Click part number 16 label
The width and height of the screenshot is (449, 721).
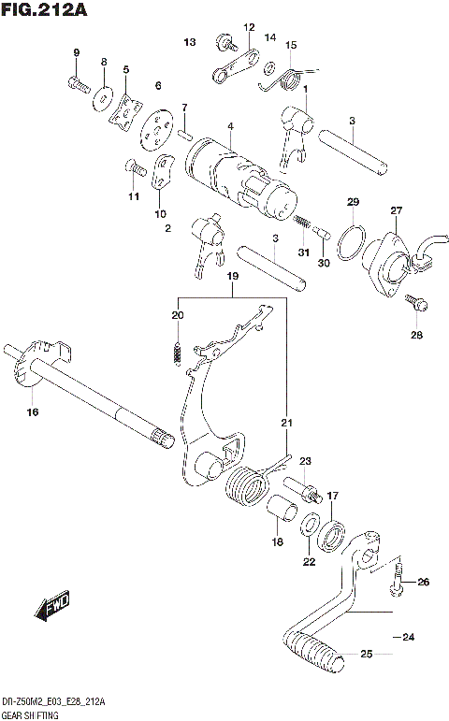(x=33, y=411)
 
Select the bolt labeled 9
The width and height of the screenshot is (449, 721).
(x=78, y=85)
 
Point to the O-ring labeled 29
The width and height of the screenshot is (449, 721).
(x=350, y=240)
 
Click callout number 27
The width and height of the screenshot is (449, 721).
(x=396, y=210)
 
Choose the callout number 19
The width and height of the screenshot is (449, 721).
(x=233, y=277)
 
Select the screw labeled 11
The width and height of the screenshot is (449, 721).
(x=134, y=168)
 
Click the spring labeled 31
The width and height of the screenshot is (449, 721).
(x=301, y=222)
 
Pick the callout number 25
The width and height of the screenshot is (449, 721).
(x=366, y=653)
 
